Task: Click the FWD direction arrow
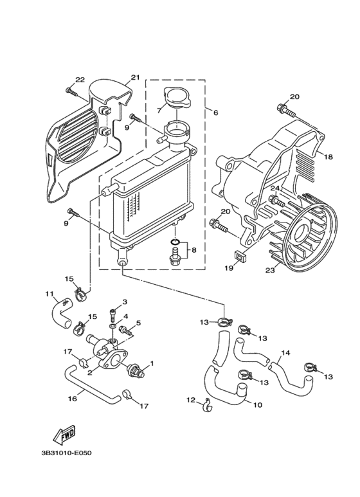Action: [64, 433]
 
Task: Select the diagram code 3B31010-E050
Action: [66, 453]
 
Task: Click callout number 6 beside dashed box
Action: [216, 113]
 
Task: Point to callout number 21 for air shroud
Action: [135, 77]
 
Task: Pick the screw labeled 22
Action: [72, 91]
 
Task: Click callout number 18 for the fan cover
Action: [328, 157]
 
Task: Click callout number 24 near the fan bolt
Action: [274, 188]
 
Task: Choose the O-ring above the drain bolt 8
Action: [175, 242]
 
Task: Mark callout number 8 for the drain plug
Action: [194, 250]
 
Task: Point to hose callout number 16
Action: [73, 399]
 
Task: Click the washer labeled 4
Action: [113, 326]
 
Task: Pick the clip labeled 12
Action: [208, 406]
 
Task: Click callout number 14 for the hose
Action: [285, 352]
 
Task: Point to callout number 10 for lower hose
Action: [258, 405]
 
